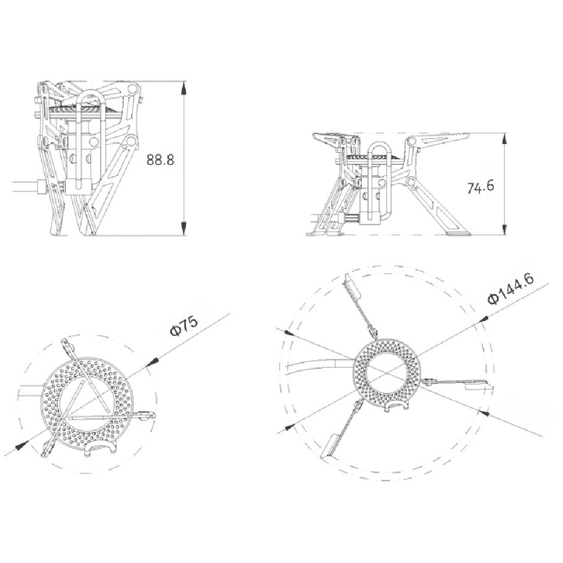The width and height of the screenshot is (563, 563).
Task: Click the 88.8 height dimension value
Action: click(x=160, y=160)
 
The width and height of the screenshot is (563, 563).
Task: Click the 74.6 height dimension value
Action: click(x=480, y=187)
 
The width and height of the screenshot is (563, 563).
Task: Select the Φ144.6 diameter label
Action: click(x=511, y=289)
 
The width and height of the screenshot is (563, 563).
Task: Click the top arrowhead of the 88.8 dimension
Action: click(x=184, y=88)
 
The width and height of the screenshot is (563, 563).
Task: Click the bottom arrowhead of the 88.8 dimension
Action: click(x=184, y=229)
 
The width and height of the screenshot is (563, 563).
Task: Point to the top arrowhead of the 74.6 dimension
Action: click(x=504, y=140)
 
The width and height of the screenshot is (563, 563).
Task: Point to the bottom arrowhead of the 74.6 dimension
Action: click(x=504, y=229)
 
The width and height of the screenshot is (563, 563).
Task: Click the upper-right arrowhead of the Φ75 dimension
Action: click(x=153, y=362)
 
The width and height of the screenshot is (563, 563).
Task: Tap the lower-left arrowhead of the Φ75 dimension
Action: click(x=21, y=445)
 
